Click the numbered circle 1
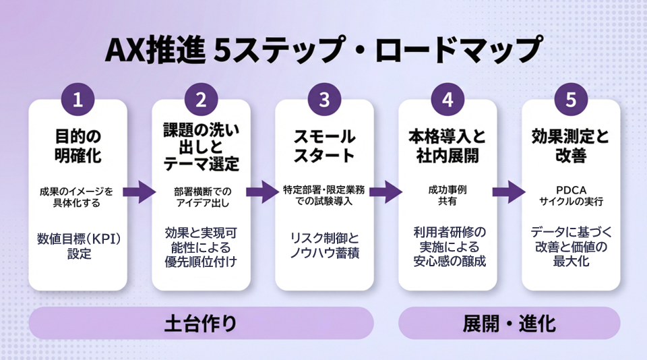click(78, 101)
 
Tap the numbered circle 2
click(201, 101)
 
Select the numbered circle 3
click(324, 101)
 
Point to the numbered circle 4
click(448, 101)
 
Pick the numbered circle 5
click(571, 101)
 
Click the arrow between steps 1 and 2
click(139, 191)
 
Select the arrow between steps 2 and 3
click(262, 191)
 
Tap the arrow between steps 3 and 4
click(386, 191)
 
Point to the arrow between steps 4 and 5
click(509, 191)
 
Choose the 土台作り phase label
click(201, 324)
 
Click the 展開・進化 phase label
click(509, 324)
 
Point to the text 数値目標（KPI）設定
click(78, 246)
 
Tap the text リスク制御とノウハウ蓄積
click(324, 246)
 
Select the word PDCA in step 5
click(571, 189)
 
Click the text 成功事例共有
click(448, 195)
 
